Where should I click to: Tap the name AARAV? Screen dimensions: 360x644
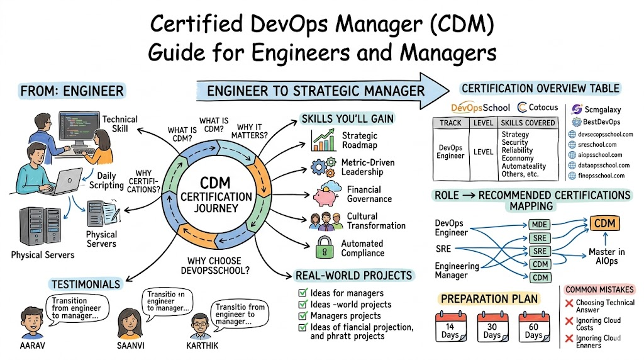coord(35,346)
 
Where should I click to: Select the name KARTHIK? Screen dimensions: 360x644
coord(203,346)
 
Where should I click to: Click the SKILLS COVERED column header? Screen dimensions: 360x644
coord(528,122)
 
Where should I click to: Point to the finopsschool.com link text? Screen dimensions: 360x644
coord(604,176)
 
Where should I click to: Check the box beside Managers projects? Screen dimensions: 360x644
coord(304,316)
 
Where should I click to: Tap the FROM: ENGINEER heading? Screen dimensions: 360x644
coord(72,91)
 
